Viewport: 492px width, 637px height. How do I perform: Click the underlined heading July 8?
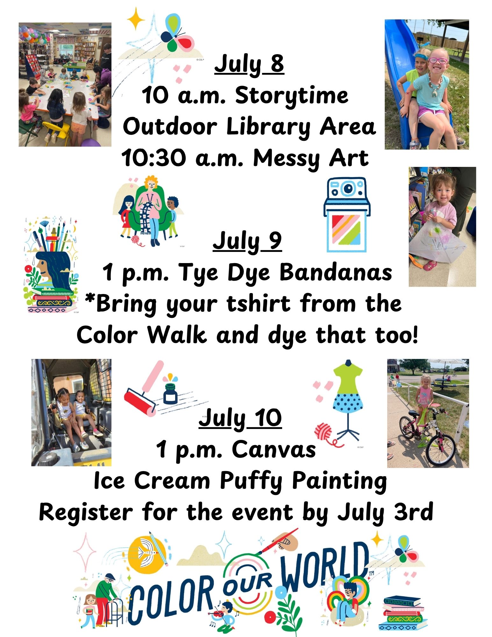(249, 65)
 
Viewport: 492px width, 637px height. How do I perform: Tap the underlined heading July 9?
(247, 241)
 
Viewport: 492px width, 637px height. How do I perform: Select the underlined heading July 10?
(240, 418)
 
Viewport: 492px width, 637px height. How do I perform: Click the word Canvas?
(274, 449)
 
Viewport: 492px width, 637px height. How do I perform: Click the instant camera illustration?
(347, 215)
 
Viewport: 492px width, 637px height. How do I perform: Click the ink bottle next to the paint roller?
(170, 390)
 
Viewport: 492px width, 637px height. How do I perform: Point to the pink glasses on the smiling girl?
(438, 60)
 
